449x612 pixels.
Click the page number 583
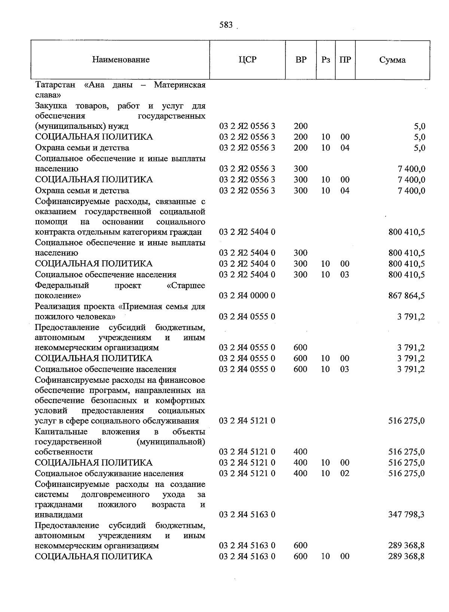226,25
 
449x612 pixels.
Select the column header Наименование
121,60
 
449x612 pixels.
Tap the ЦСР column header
247,60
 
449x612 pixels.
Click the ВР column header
301,60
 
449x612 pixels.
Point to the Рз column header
326,60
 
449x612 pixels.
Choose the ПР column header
345,60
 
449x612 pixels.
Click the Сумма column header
392,60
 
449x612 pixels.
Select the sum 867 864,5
406,296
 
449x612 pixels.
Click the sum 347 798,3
406,515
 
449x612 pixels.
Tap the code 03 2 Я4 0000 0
247,296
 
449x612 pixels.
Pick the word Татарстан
55,85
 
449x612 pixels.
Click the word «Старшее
185,285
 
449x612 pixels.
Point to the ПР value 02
345,473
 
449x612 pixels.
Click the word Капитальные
61,431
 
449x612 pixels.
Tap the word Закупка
51,106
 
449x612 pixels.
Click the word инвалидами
59,515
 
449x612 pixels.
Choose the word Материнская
180,85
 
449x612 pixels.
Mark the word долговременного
115,494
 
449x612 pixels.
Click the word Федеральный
62,285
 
